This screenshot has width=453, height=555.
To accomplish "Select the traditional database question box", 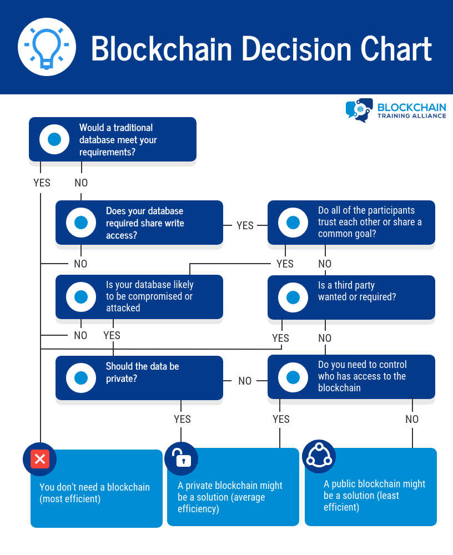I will tap(113, 139).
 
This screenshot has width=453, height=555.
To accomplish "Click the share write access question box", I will tap(139, 223).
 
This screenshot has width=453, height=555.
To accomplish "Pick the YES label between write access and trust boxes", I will tap(245, 225).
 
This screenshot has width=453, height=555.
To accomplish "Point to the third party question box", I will tap(351, 297).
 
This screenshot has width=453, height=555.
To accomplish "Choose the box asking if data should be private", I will tap(139, 378).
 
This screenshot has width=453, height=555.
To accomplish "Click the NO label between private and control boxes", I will tap(245, 381).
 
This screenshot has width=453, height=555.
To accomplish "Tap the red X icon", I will tap(40, 459).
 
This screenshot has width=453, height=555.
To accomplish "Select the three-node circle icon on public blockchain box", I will tap(319, 456).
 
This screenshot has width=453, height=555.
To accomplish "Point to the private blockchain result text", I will tap(230, 497).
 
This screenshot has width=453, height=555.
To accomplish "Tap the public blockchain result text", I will tap(374, 496).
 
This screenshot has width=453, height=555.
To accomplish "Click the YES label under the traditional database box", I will tap(42, 183).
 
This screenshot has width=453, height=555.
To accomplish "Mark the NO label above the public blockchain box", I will tap(412, 419).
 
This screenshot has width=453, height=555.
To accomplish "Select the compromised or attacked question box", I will tap(139, 296).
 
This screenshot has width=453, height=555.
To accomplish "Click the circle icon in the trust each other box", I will tap(293, 223).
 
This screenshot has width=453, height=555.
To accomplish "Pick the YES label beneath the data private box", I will tap(182, 419).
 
